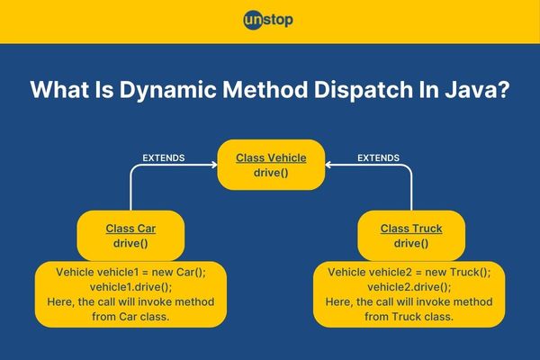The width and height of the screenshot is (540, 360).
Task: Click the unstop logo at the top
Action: click(268, 21)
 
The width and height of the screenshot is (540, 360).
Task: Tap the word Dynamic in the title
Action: click(167, 90)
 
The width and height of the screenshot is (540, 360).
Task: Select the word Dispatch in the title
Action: click(363, 90)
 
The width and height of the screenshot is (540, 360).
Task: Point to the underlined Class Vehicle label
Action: click(271, 158)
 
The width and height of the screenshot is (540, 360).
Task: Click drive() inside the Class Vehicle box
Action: click(271, 173)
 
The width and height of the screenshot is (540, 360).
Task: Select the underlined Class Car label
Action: click(130, 229)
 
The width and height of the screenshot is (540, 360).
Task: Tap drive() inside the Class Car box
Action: click(130, 243)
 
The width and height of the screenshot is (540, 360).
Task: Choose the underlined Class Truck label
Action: click(411, 229)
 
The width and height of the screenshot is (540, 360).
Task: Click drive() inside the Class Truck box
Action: click(411, 243)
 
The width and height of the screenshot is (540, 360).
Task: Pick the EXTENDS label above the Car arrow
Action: click(164, 158)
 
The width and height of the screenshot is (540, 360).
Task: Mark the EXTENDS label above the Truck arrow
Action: click(378, 158)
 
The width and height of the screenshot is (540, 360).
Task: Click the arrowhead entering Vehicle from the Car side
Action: click(214, 165)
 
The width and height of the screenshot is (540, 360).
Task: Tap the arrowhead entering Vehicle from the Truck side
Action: click(328, 165)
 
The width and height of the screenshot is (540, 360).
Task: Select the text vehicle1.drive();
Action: click(130, 287)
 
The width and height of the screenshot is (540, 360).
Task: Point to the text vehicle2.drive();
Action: click(409, 287)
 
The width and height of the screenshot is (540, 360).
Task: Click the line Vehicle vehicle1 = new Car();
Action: click(130, 272)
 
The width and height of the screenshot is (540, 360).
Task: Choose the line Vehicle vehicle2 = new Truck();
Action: click(409, 272)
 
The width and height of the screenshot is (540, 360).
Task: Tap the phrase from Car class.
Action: click(130, 317)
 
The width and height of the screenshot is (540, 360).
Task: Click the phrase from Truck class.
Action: click(409, 317)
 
